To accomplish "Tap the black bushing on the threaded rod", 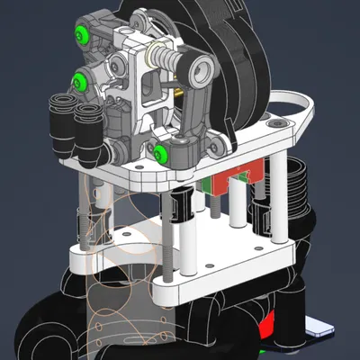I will point(177,210).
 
